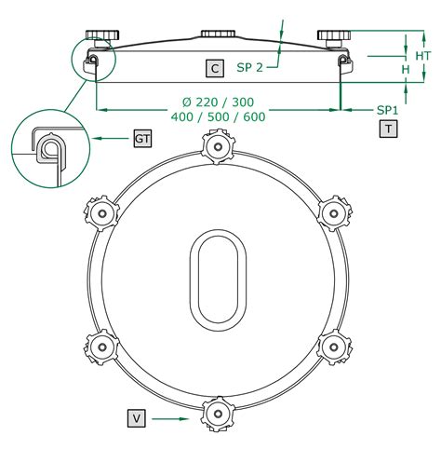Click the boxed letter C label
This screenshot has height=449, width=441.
215,68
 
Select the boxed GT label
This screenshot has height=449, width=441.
142,139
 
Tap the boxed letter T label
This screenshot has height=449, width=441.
388,129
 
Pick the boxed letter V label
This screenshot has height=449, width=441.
137,418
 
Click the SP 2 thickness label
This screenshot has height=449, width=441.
249,67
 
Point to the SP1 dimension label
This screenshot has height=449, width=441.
387,110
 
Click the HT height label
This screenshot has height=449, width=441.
423,56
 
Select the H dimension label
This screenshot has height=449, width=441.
406,70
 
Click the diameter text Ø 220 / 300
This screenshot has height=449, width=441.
218,102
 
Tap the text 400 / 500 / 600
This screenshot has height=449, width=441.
219,116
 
